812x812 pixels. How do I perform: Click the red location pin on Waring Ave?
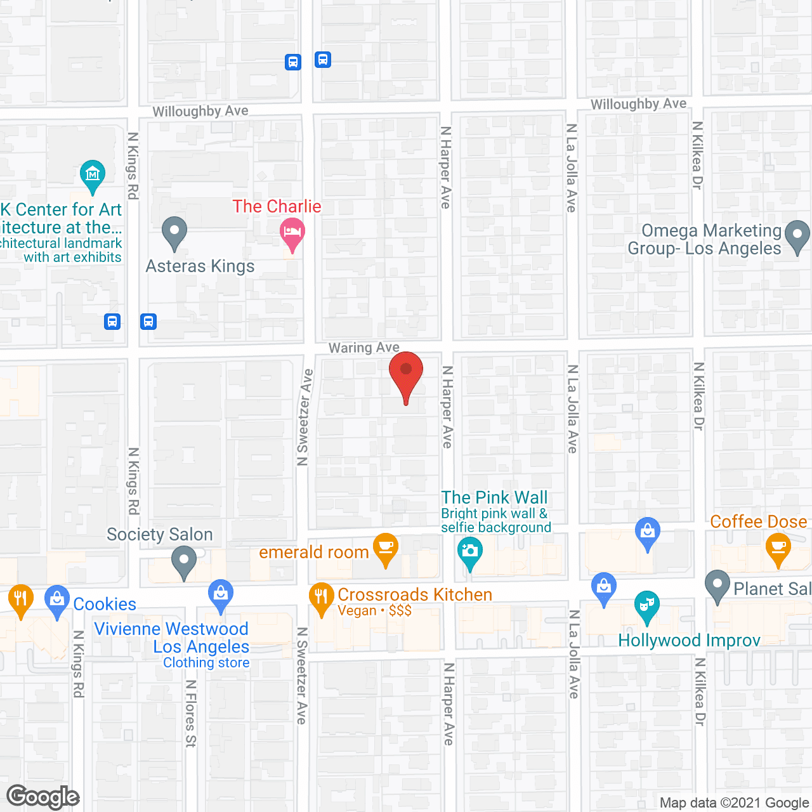coord(406,372)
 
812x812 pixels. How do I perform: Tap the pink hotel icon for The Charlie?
coord(292,232)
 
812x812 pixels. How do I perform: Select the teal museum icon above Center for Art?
coord(93,174)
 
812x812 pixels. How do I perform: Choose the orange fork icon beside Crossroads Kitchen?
coord(321,597)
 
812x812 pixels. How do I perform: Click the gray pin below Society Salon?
coord(184,561)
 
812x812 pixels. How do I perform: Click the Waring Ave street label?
coord(363,348)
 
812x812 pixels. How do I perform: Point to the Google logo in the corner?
coord(43,797)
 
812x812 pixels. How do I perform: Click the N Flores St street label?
coord(190,714)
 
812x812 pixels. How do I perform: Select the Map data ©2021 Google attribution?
coord(734,803)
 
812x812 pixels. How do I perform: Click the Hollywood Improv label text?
coord(689,641)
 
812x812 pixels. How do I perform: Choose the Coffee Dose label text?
coord(758,521)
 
